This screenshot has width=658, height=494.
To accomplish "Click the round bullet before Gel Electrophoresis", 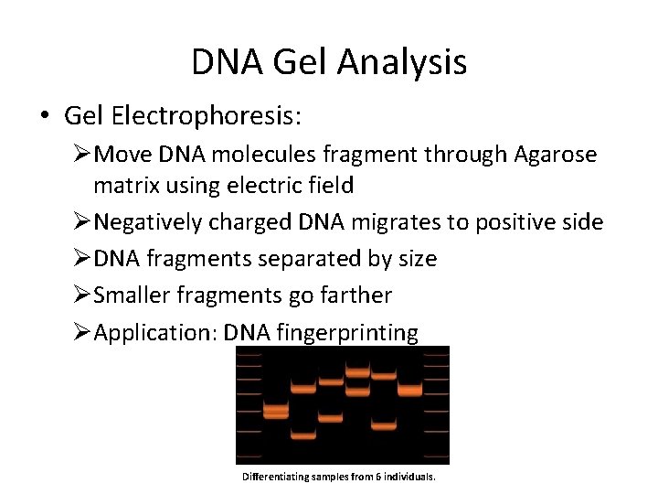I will pyautogui.click(x=44, y=116).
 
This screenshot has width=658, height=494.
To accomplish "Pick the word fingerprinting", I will pyautogui.click(x=346, y=332).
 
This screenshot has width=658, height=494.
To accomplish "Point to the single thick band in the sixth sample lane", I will pyautogui.click(x=410, y=391).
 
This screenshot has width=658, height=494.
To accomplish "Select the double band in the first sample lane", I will pyautogui.click(x=275, y=413).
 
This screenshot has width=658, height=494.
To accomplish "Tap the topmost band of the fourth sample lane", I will pyautogui.click(x=356, y=371).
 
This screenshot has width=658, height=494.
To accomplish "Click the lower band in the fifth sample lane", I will pyautogui.click(x=384, y=424).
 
